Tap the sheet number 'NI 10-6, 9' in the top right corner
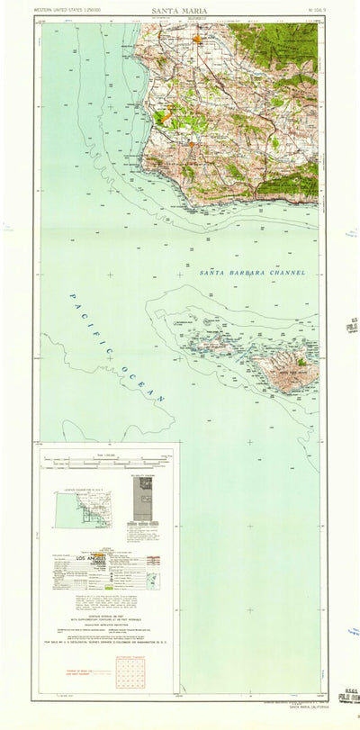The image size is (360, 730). click(309, 12)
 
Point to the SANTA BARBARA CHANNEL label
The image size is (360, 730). click(252, 272)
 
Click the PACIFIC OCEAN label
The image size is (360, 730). click(117, 347)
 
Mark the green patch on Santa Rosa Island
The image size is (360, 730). click(301, 363)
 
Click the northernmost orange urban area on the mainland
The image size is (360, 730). click(197, 40)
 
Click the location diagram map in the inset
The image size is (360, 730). click(81, 509)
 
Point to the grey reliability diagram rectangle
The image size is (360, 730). click(142, 498)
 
